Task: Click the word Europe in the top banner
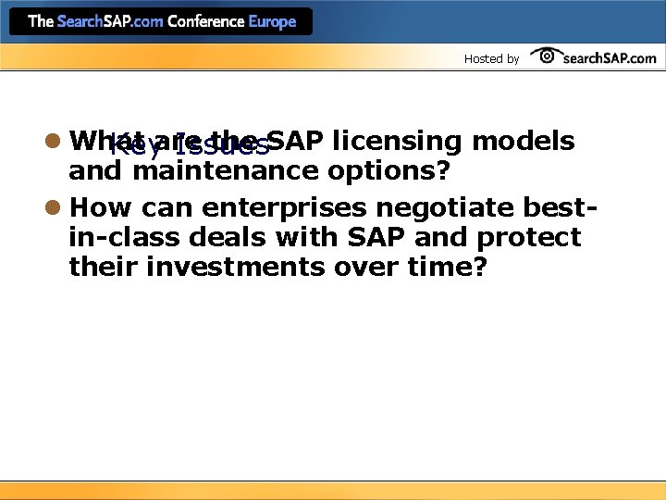click(x=272, y=21)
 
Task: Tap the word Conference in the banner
click(x=205, y=21)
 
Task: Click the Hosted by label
click(x=491, y=58)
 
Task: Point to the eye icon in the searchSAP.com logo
click(x=547, y=56)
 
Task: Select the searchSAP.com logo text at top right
click(x=610, y=57)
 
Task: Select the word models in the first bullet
click(x=523, y=141)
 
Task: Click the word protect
click(x=529, y=238)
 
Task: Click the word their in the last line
click(x=97, y=268)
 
